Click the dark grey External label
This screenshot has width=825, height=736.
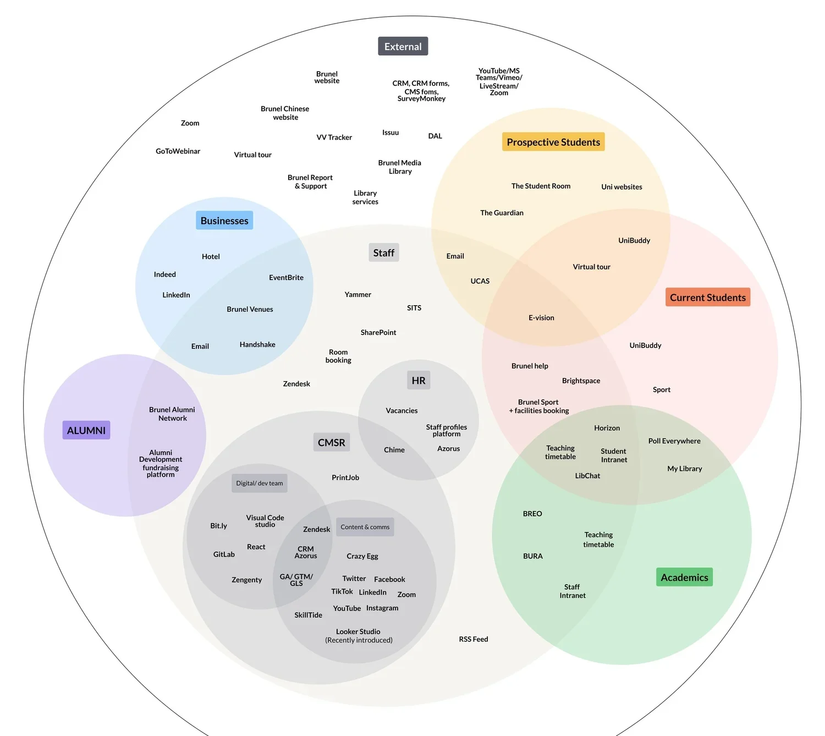(403, 47)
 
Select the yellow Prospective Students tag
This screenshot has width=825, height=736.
(553, 142)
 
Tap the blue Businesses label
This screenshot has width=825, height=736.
(224, 221)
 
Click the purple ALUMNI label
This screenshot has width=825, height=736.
(86, 430)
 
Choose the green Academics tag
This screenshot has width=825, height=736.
(684, 577)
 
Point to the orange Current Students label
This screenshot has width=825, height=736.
(707, 298)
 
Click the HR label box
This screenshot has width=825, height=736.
(419, 380)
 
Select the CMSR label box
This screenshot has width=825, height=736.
(331, 442)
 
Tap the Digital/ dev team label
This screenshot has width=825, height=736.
(260, 483)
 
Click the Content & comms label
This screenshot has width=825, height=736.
(365, 527)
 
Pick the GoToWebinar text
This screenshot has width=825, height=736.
(178, 151)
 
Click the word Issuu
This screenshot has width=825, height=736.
(391, 133)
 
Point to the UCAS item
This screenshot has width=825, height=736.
(480, 281)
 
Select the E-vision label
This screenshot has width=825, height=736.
(541, 318)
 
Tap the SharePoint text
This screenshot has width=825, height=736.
(378, 332)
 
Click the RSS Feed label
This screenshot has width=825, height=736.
(474, 639)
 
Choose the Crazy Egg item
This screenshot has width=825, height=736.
(362, 556)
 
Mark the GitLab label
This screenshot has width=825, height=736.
(224, 554)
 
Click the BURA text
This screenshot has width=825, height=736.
(532, 556)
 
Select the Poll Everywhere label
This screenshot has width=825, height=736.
(674, 441)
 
